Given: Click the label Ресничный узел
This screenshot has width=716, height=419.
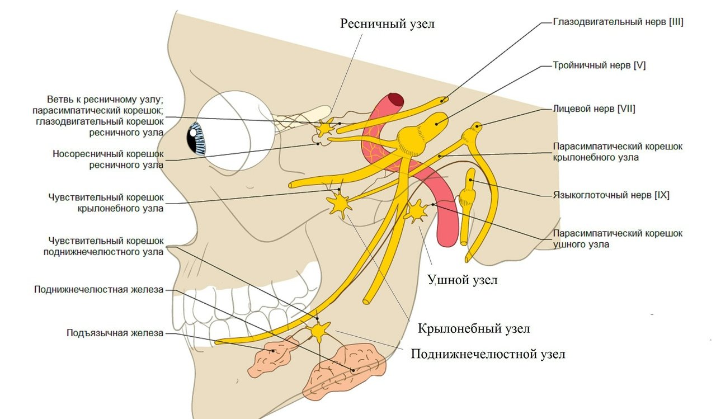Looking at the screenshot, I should [x=387, y=24].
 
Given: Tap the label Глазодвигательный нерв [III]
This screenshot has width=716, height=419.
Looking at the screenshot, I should [x=618, y=22].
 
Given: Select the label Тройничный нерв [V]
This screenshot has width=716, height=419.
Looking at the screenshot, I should [x=599, y=65].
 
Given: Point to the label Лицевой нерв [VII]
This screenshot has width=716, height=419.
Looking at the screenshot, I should [x=593, y=109].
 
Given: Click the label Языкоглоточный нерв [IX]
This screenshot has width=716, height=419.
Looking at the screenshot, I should [x=611, y=196].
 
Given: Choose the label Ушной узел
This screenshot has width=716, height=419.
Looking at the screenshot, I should [x=462, y=279].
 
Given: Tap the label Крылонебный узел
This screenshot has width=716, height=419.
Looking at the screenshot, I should [x=474, y=328].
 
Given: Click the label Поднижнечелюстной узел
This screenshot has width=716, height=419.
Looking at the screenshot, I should [x=488, y=354].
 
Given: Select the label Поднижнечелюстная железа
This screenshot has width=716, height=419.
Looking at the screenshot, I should [x=98, y=290].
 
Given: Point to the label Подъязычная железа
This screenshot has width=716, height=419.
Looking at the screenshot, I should [x=115, y=333].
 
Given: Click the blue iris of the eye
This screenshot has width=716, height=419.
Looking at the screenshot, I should [x=196, y=138].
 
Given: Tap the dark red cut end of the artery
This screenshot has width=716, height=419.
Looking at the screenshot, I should [x=397, y=101].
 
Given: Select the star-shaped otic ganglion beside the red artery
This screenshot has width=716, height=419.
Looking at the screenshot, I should [x=416, y=211].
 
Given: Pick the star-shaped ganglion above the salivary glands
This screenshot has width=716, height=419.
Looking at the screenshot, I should [x=319, y=331].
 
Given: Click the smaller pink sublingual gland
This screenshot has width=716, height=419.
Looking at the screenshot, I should [x=274, y=355].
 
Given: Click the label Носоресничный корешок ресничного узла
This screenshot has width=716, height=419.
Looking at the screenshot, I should [x=108, y=159].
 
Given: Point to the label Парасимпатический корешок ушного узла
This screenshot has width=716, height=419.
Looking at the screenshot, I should [x=618, y=239].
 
